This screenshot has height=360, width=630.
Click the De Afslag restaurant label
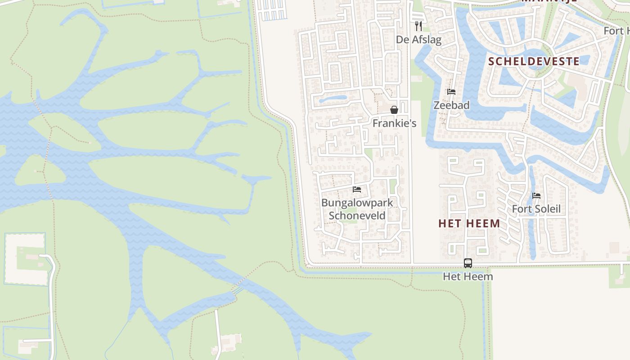(x=418, y=40)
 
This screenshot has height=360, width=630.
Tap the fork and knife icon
(x=418, y=25)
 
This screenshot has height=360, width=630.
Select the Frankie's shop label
(x=394, y=123)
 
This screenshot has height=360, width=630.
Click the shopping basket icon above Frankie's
(x=394, y=110)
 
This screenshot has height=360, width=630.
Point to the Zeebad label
(x=451, y=105)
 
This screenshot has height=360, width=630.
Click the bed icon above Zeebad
(x=451, y=92)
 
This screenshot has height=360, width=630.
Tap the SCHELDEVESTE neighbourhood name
(x=534, y=61)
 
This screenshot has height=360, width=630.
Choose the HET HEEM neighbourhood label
(x=469, y=223)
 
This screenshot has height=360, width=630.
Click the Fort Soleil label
(x=536, y=209)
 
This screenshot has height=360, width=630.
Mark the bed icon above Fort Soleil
(x=536, y=196)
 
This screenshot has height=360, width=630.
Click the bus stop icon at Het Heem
(x=468, y=263)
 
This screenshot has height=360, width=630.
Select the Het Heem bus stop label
(x=468, y=276)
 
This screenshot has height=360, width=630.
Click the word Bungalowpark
(x=357, y=202)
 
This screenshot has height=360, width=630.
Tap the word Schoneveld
(x=357, y=216)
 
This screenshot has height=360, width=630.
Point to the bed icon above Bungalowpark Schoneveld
(x=357, y=189)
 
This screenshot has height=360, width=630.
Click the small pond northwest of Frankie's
(x=333, y=99)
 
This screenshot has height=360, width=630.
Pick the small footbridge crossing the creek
(x=237, y=290)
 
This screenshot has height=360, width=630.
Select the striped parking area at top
(x=275, y=10)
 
